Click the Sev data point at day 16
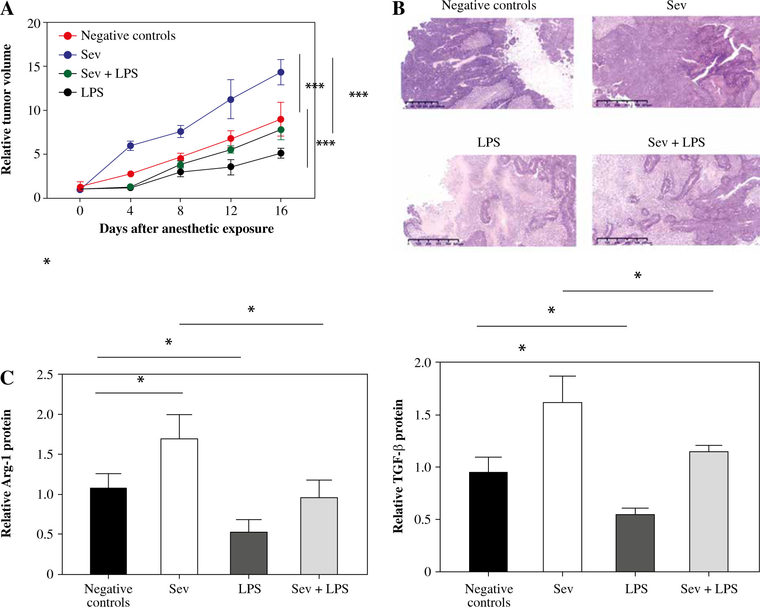[x=281, y=72]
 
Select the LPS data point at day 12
[x=231, y=167]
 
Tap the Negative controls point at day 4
[x=130, y=174]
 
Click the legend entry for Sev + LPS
[x=109, y=74]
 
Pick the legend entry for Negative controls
[x=128, y=36]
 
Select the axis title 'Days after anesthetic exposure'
[x=186, y=229]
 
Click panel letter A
[x=7, y=9]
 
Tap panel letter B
[x=398, y=9]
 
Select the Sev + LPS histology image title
[x=676, y=142]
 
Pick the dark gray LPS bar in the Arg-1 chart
[x=249, y=553]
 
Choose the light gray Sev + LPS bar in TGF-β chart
[x=709, y=511]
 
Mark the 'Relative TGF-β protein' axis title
[x=398, y=467]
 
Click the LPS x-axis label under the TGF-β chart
[x=636, y=589]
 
